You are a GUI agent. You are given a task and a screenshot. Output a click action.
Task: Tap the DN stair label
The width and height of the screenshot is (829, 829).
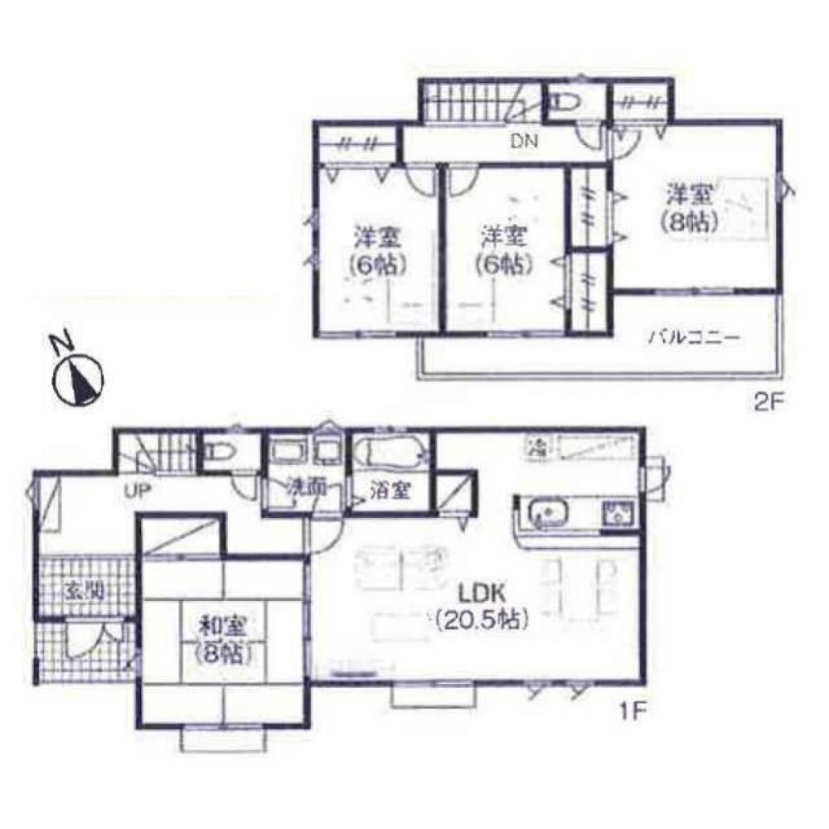pos(523,142)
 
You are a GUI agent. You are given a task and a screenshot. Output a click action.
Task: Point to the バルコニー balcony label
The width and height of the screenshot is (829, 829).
pos(693,337)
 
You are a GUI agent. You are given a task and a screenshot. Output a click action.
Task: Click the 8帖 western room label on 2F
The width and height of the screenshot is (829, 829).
pos(689,209)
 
